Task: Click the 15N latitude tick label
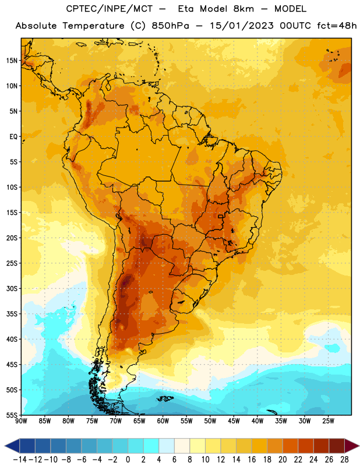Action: [12, 61]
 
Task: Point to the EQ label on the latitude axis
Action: [13, 137]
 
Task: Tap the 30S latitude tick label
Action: [12, 288]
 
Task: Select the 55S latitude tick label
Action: [12, 415]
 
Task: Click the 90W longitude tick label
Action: [21, 421]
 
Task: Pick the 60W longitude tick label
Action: [163, 421]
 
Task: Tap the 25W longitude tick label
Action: [328, 421]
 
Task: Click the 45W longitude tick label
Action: [234, 421]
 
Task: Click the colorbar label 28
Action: [344, 460]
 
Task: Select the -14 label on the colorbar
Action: [20, 460]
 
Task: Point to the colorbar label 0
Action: [128, 460]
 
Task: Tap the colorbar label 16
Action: [252, 460]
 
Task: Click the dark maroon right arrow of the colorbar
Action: [352, 446]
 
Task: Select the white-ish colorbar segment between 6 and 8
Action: [182, 446]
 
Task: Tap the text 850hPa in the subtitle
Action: [170, 26]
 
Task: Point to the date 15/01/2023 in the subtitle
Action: [242, 26]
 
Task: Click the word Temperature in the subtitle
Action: [93, 26]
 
